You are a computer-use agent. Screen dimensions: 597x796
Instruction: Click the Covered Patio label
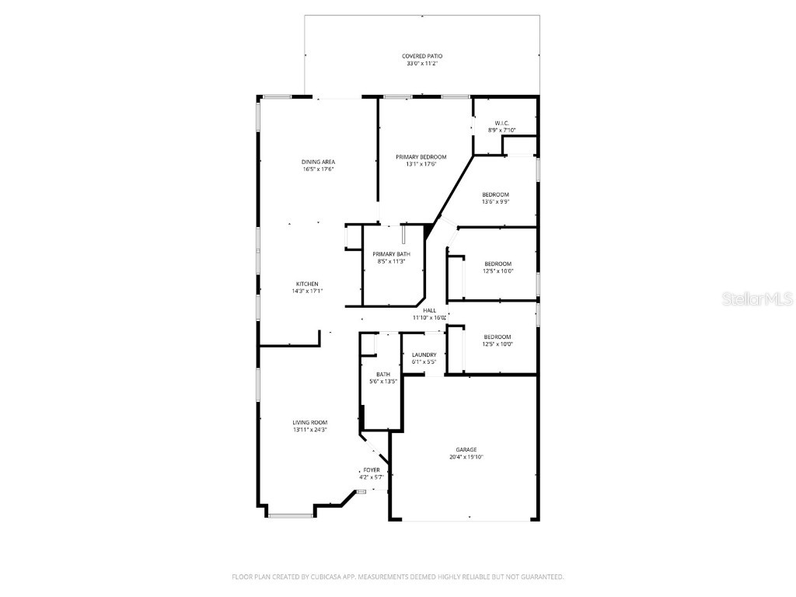422,56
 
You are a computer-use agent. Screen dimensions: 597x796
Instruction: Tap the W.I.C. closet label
501,123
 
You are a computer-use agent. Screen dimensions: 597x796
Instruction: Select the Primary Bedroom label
421,156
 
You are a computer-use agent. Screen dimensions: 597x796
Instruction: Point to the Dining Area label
318,162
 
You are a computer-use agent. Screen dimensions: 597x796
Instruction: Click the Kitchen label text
306,284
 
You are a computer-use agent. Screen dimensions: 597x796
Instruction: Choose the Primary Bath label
391,254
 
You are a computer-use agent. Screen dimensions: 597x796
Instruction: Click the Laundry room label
424,354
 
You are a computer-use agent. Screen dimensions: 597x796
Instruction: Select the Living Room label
309,422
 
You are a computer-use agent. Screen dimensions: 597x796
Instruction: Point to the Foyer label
372,470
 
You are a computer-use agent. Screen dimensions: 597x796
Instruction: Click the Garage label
466,449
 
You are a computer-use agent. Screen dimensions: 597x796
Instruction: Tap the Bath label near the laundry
383,374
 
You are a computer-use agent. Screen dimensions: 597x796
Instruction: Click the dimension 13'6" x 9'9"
495,201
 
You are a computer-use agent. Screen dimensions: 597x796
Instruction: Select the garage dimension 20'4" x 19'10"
466,457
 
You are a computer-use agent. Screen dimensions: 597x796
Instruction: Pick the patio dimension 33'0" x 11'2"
422,64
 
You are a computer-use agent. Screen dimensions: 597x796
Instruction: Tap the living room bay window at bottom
291,515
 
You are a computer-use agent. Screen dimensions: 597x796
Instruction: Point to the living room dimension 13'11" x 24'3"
309,429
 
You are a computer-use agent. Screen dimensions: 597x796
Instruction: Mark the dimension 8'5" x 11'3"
391,262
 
